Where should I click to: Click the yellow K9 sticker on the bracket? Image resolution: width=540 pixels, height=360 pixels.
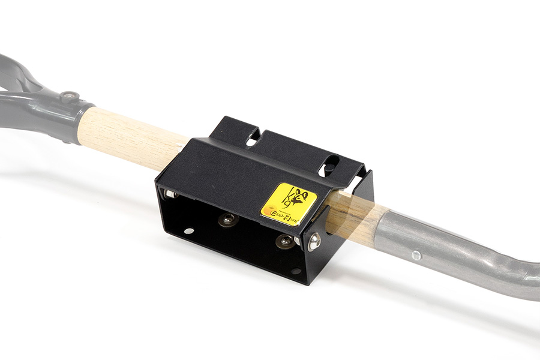[x=288, y=203]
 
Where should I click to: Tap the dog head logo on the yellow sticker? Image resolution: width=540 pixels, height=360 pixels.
[x=296, y=196]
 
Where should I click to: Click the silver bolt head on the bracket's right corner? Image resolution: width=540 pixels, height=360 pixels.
[x=314, y=241]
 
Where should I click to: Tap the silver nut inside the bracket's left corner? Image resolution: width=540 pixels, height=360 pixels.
[x=170, y=193]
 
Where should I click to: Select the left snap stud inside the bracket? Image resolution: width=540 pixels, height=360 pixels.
[x=227, y=220]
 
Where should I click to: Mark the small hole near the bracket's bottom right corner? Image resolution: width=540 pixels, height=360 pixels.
[x=295, y=271]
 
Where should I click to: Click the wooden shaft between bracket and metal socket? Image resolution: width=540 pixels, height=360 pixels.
[x=354, y=219]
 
